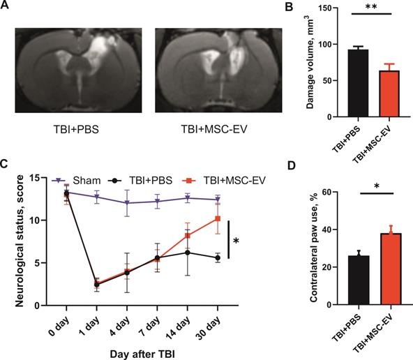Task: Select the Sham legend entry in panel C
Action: tap(74, 180)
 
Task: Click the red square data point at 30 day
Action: tap(218, 219)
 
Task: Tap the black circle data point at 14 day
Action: tap(188, 252)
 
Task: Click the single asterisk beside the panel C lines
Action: tap(237, 241)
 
